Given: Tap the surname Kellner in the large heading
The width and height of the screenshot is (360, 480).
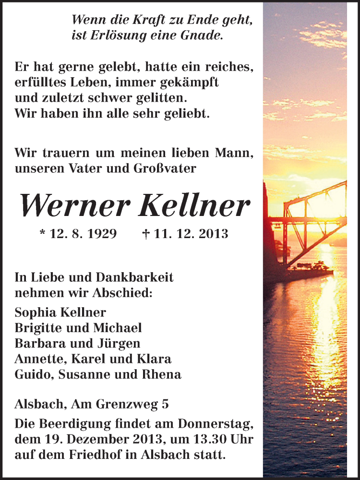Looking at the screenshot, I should [194, 206].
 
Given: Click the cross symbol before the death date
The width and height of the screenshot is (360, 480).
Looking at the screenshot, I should [146, 234].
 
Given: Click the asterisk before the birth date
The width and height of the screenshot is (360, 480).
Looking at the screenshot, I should [43, 234].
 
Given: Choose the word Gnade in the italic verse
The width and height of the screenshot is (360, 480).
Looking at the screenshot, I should [205, 36].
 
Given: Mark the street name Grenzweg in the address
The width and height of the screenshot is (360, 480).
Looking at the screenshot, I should [127, 405].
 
